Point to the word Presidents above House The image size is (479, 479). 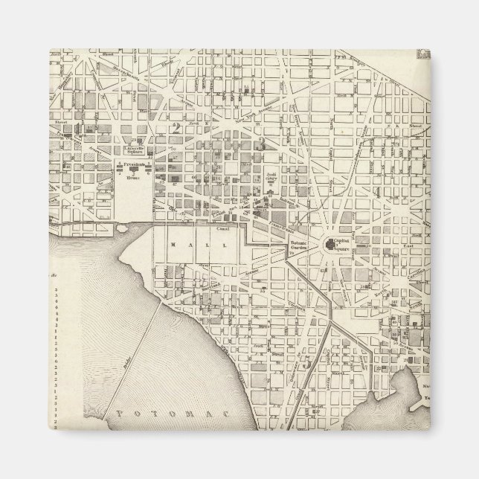tap(134, 164)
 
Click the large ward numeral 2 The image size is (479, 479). tap(176, 126)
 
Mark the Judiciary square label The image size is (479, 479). tap(271, 179)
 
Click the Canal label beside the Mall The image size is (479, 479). tap(221, 230)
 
